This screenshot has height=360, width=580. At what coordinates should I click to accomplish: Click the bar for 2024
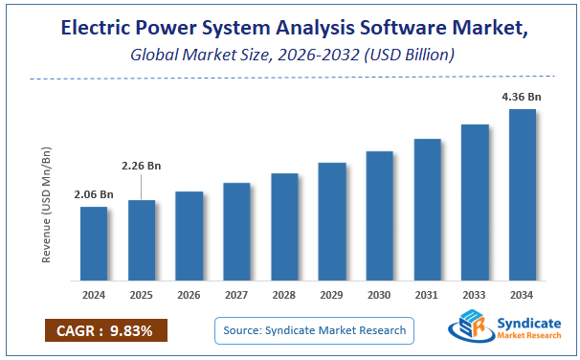(94, 244)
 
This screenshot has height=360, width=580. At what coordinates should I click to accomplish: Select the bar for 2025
(142, 240)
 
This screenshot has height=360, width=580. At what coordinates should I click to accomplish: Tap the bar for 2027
(236, 232)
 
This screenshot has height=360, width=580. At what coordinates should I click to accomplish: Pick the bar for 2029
(332, 221)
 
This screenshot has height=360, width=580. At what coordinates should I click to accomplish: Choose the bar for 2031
(427, 210)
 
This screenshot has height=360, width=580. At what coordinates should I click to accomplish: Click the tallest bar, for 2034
(522, 195)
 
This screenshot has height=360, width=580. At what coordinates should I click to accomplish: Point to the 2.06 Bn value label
(94, 195)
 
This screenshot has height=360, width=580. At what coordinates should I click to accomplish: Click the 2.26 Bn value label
(142, 166)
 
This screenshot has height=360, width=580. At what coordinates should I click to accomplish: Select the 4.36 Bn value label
(522, 97)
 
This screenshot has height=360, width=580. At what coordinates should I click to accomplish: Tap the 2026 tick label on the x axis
(190, 296)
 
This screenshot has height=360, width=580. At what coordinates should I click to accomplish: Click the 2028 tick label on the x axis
(284, 296)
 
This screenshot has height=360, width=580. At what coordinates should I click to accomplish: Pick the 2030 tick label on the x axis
(379, 296)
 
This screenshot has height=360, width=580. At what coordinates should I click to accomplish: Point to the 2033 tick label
(475, 296)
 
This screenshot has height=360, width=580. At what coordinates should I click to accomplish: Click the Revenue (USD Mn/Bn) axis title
(47, 205)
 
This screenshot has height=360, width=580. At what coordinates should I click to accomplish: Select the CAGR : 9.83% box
(105, 331)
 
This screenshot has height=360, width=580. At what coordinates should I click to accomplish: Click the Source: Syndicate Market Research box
(314, 331)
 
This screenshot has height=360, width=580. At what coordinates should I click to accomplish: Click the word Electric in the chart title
(97, 29)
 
